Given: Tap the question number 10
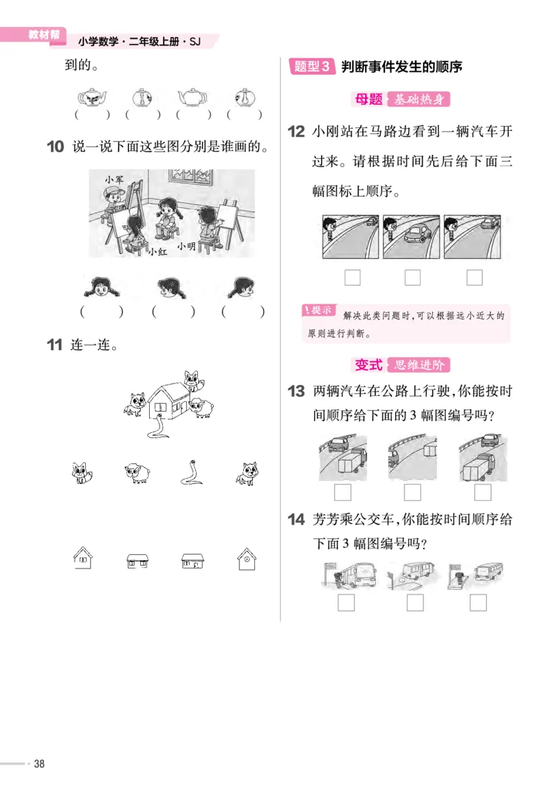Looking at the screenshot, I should coord(56,147).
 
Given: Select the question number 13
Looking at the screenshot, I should coord(296,392).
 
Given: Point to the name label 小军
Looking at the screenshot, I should coord(114,179).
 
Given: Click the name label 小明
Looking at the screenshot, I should coord(186,246).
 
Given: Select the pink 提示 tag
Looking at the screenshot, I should coord(320,310).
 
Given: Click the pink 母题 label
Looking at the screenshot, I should coord(367,100).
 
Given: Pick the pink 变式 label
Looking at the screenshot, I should coord(368,365).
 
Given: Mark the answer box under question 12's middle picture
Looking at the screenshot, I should coord(412,277).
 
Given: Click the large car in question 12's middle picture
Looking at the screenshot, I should coord(417,235).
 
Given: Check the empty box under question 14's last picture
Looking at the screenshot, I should coord(477,602).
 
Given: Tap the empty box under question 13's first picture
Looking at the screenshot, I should coord(342,492).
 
